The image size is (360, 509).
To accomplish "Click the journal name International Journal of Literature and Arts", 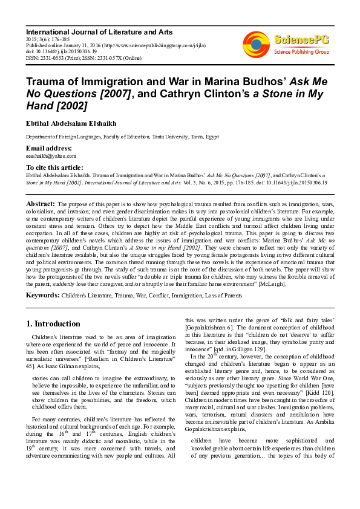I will (99, 31).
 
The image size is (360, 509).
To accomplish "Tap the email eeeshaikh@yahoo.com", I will (50, 156).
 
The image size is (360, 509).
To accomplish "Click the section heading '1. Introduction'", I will (53, 323).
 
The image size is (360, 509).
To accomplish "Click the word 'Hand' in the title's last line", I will (40, 106).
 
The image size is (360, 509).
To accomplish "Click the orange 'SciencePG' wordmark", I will (302, 41).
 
